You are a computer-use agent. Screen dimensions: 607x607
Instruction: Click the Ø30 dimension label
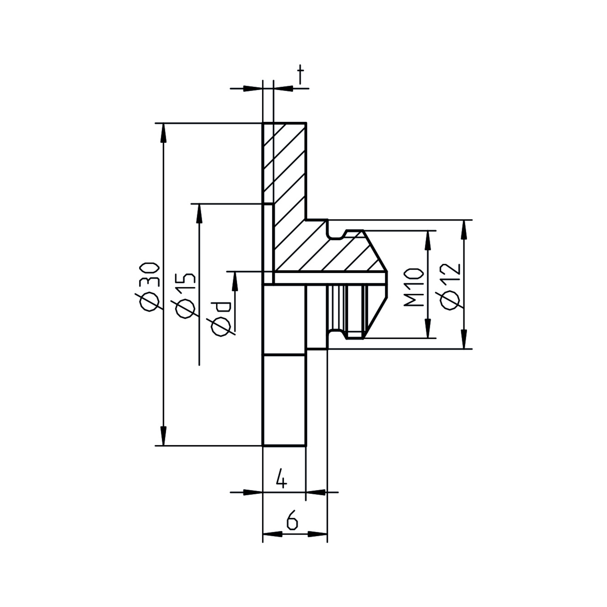pos(147,287)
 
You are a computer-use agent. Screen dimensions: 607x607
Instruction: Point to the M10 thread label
pos(412,287)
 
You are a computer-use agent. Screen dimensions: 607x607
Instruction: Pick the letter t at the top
pos(301,74)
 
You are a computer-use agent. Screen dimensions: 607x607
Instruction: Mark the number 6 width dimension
pos(292,521)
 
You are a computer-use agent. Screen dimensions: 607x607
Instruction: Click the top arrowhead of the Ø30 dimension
pos(163,132)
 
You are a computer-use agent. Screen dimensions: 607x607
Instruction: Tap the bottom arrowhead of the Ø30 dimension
pos(163,436)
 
